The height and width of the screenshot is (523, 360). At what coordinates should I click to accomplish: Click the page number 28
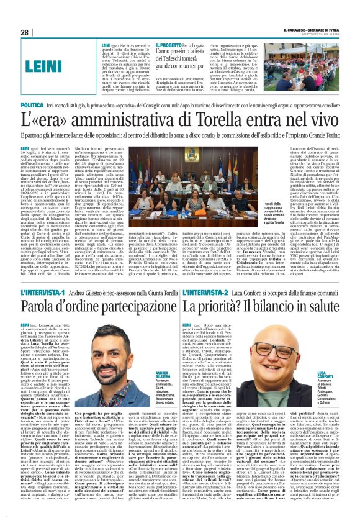tap(25, 32)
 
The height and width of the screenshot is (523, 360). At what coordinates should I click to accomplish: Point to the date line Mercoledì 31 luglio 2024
tap(323, 34)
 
